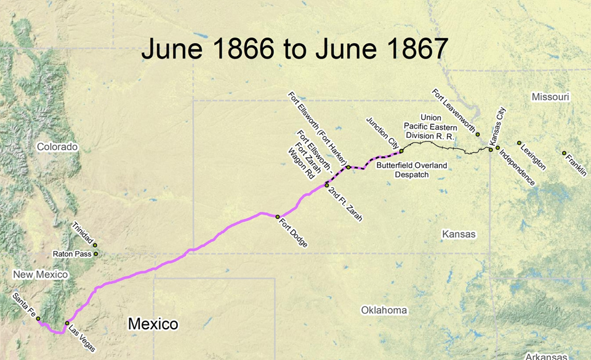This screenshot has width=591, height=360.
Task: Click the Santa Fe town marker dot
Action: (x=38, y=319)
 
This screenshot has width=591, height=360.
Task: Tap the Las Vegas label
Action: (x=82, y=338)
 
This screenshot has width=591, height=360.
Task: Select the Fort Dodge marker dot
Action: (x=278, y=217)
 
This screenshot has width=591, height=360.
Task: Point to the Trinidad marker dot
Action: (x=95, y=245)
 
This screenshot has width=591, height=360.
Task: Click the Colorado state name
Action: (x=57, y=147)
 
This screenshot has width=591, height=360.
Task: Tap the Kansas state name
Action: (x=459, y=234)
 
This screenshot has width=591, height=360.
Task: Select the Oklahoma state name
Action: (x=384, y=310)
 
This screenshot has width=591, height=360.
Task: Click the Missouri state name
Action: (x=550, y=97)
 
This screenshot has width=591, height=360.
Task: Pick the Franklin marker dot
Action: (x=564, y=153)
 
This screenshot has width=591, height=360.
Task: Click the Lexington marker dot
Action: (x=519, y=143)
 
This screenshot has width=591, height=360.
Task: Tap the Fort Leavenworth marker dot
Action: (x=478, y=134)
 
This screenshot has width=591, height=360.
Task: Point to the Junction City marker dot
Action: (x=401, y=151)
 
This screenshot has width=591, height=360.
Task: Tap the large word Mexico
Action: (x=153, y=324)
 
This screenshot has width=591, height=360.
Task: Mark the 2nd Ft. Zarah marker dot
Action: (x=327, y=185)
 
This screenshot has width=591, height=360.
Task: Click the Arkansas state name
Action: (x=542, y=356)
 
